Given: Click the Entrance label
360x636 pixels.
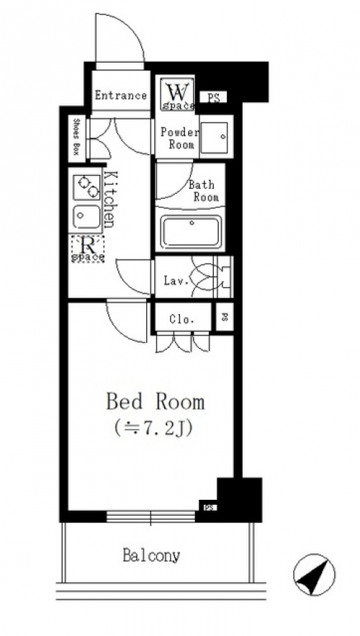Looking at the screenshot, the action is [x=120, y=96].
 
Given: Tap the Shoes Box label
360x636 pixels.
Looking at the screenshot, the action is [x=76, y=137].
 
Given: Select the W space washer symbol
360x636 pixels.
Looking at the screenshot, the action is [x=178, y=94].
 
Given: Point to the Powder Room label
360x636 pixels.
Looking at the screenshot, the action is [x=179, y=138].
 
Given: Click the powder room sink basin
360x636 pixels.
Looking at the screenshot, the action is [x=214, y=137].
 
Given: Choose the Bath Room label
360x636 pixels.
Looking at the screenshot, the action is [x=204, y=191].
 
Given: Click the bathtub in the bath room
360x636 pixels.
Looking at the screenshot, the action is [x=191, y=232].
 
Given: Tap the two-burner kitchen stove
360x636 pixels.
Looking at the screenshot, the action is [x=86, y=187].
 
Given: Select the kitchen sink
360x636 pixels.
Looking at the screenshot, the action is [x=86, y=217].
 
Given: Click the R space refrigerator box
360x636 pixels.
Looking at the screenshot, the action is [x=88, y=248].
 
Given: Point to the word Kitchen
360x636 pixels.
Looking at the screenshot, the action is [x=110, y=199].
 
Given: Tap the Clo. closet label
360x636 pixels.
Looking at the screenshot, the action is [x=181, y=319].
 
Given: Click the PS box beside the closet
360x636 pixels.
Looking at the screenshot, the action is [x=225, y=317].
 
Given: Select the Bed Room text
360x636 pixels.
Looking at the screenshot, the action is [x=156, y=402].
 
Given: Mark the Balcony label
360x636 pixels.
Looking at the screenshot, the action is [x=152, y=555].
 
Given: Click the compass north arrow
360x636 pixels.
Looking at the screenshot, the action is [x=314, y=575].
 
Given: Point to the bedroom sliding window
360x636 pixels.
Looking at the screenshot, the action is [x=150, y=516].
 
